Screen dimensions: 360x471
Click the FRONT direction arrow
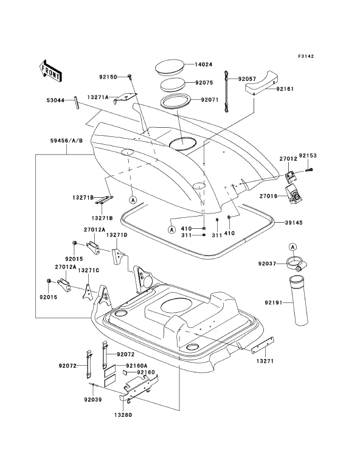(50, 71)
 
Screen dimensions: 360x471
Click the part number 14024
(203, 65)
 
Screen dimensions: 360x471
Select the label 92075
(204, 83)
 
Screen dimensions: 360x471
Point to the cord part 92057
(227, 92)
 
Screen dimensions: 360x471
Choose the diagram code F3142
(306, 56)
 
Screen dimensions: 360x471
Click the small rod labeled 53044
(76, 102)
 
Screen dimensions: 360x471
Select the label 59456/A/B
(67, 141)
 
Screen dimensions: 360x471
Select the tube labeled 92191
(299, 301)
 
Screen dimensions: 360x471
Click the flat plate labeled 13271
(263, 344)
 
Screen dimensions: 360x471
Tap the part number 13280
(123, 415)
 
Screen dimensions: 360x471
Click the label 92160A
(137, 366)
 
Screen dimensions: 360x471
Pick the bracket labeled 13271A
(125, 97)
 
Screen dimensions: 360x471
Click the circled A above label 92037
(293, 247)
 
